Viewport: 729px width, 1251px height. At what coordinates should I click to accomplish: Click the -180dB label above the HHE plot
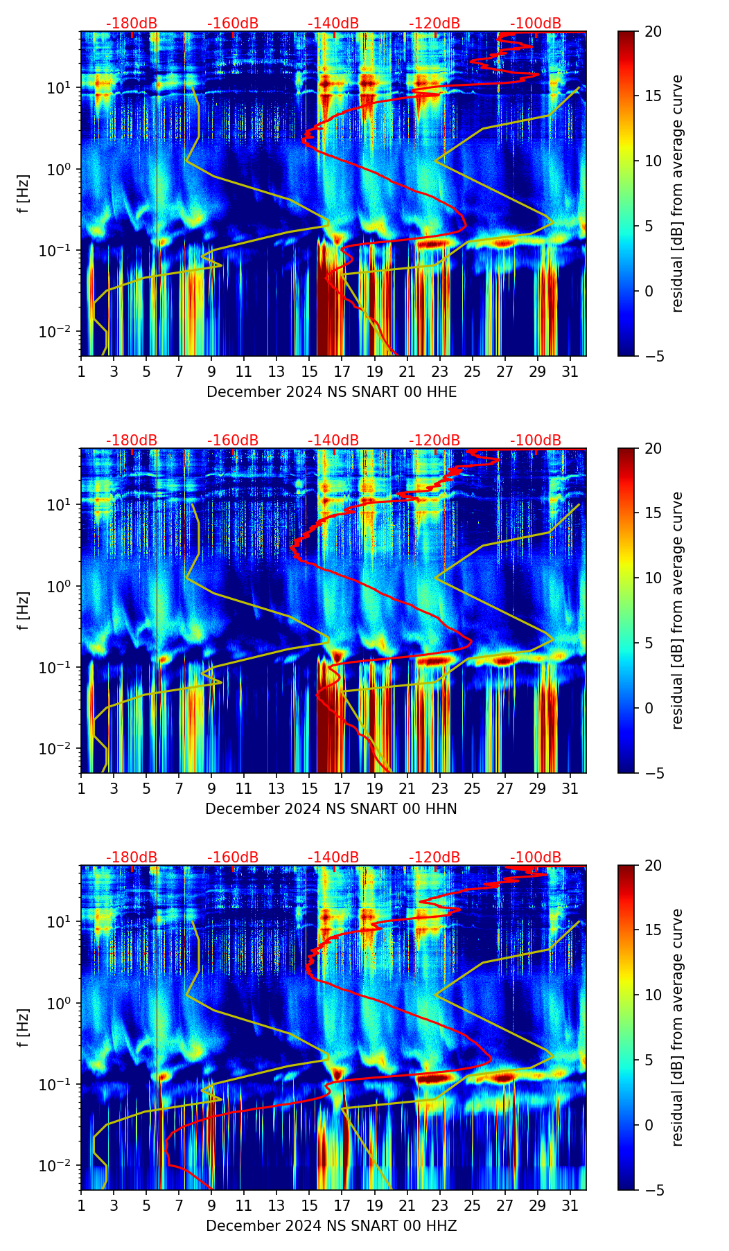(x=132, y=24)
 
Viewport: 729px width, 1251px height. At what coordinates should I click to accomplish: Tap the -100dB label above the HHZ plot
(x=536, y=858)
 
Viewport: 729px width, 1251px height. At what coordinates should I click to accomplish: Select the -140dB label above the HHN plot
(x=333, y=441)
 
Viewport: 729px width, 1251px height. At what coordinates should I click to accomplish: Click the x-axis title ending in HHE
(x=331, y=392)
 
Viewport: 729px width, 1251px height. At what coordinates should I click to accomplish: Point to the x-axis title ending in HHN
(x=331, y=809)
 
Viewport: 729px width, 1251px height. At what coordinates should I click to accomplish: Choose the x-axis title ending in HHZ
(x=331, y=1226)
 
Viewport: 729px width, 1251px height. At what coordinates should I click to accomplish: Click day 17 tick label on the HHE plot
(x=342, y=371)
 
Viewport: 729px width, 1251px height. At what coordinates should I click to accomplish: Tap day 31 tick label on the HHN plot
(x=570, y=788)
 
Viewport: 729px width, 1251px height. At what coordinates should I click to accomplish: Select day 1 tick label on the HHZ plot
(x=81, y=1205)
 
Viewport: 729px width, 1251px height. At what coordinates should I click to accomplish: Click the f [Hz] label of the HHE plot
(x=24, y=194)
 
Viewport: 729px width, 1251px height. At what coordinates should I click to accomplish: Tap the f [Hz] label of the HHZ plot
(x=24, y=1028)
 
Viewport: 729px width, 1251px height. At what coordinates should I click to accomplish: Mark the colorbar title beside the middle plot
(x=677, y=610)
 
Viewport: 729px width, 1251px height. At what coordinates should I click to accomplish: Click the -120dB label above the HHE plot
(x=434, y=24)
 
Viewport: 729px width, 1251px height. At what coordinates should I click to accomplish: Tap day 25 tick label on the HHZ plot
(x=472, y=1205)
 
